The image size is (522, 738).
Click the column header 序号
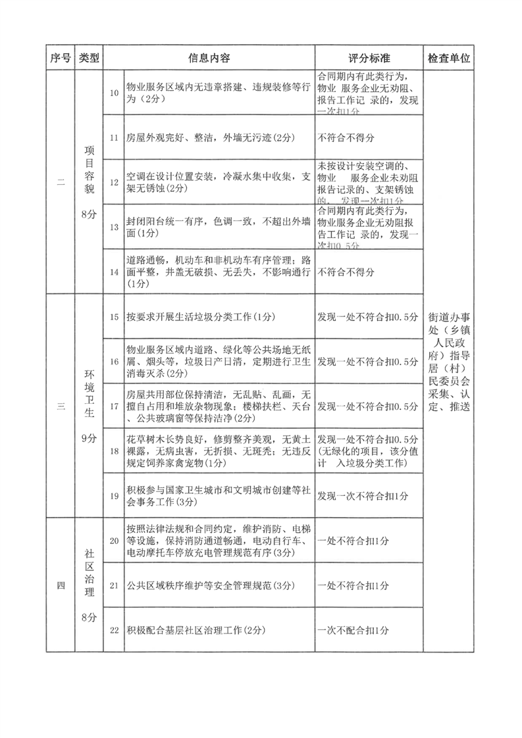point(60,58)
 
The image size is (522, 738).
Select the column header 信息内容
point(209,58)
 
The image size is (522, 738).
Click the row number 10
point(114,93)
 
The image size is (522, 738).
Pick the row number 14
point(114,272)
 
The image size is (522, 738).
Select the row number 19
point(114,495)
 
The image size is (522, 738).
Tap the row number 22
point(114,630)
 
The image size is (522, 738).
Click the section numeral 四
point(60,585)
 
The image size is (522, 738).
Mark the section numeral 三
point(60,406)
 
